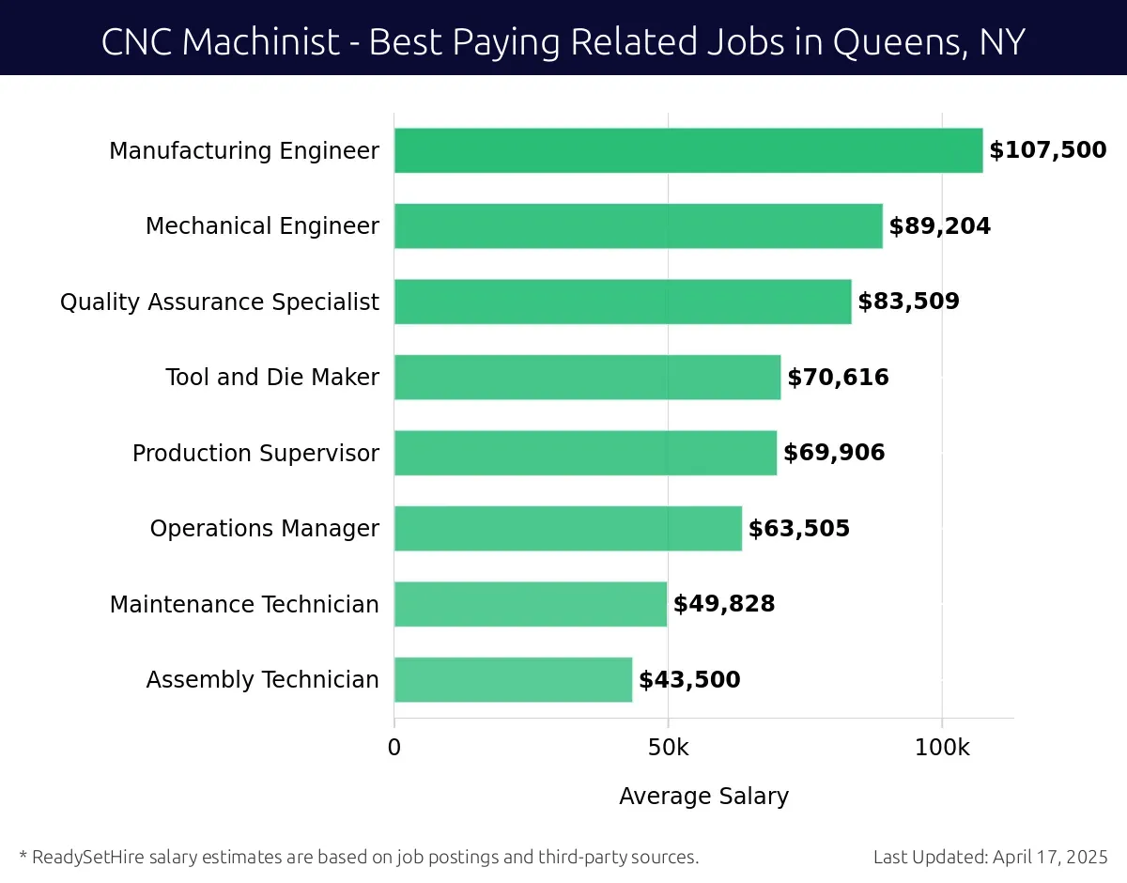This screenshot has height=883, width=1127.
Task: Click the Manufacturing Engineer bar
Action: tap(688, 150)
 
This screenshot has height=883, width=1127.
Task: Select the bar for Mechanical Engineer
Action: tap(639, 226)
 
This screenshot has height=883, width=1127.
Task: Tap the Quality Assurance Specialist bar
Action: tap(623, 302)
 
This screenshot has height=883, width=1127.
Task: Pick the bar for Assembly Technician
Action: tap(513, 679)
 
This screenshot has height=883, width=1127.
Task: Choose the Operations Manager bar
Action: tap(568, 528)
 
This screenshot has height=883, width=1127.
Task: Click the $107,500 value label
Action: tap(1047, 150)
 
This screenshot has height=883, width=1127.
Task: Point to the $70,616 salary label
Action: tap(838, 378)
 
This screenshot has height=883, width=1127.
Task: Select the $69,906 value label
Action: tap(834, 453)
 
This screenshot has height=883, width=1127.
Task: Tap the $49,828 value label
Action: tap(724, 604)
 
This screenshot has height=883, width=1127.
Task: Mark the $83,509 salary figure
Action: tap(908, 302)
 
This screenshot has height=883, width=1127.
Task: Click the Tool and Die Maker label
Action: tap(272, 378)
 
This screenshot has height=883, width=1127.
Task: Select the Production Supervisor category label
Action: tap(255, 453)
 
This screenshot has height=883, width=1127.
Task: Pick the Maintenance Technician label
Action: tap(244, 604)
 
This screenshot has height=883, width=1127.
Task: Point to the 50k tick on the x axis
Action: tap(668, 748)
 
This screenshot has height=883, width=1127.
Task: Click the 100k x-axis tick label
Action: tap(942, 748)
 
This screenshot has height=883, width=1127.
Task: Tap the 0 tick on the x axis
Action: tap(394, 748)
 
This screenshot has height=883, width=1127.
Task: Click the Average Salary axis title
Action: tap(703, 797)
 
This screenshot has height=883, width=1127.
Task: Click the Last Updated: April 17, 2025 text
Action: tap(990, 857)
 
